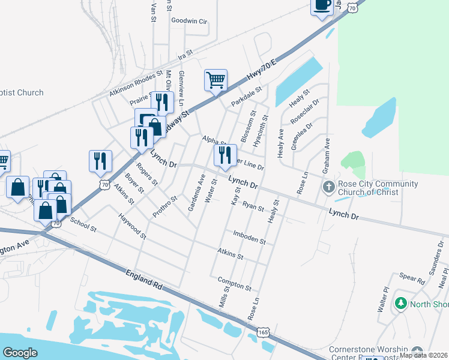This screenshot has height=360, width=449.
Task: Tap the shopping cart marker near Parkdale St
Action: click(215, 80)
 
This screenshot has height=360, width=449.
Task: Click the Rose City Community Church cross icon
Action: click(328, 187)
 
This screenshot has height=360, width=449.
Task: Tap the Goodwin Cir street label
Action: click(189, 21)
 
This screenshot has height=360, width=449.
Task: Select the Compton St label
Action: click(234, 284)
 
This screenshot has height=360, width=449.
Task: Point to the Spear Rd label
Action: click(412, 278)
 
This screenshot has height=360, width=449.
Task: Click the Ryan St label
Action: click(253, 207)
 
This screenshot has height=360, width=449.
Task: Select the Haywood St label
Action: click(133, 226)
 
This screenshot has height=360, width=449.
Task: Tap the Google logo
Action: click(20, 353)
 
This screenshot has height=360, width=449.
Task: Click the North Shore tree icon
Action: click(400, 304)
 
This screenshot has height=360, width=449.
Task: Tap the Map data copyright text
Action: click(424, 355)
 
